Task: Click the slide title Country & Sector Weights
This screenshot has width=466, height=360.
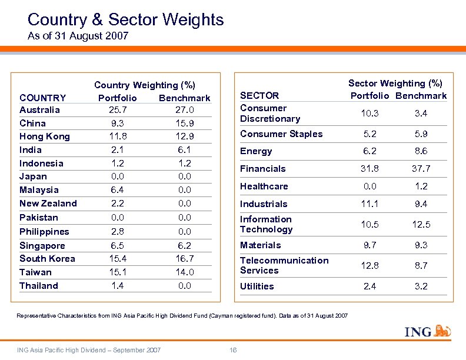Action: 125,20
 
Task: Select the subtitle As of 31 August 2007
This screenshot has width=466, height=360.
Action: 78,36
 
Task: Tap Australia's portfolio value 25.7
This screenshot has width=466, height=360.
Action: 117,110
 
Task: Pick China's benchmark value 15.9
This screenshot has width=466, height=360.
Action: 184,124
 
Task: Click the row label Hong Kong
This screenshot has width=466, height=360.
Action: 45,136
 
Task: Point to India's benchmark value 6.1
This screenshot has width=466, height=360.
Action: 184,150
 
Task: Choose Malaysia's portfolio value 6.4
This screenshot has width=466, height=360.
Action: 117,190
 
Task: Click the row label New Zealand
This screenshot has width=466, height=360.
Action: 48,204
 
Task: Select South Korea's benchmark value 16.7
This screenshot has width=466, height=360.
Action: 184,259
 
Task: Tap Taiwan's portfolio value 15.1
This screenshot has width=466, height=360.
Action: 117,272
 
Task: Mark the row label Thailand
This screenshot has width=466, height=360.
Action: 39,286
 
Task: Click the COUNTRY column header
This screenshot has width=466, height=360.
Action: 43,98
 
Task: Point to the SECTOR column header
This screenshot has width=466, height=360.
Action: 259,95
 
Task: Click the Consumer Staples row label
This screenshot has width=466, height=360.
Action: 281,134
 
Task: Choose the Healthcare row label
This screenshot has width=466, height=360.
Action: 264,186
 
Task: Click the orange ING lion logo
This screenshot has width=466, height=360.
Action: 442,332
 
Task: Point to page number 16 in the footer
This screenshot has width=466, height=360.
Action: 233,351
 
